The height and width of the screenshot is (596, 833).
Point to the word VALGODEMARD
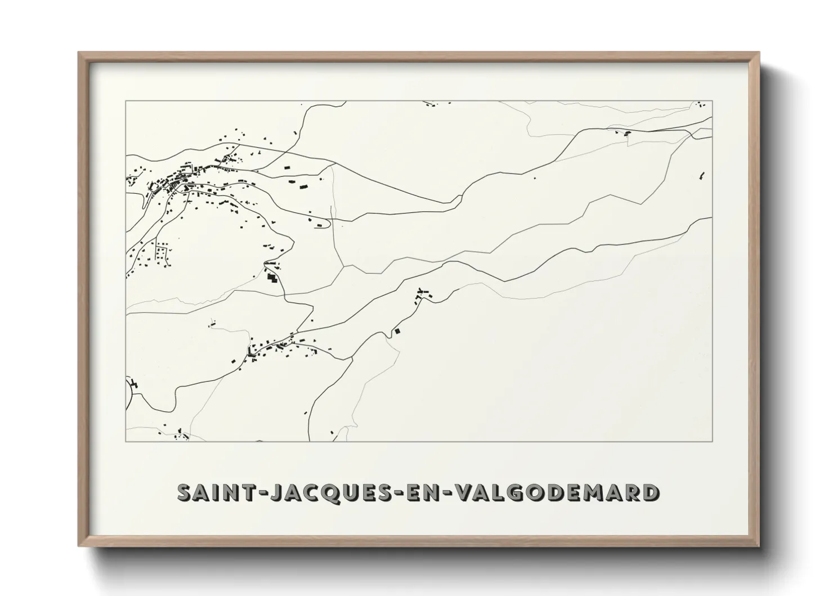557,493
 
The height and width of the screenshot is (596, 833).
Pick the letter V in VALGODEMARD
465,493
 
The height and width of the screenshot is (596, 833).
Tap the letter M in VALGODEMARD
599,493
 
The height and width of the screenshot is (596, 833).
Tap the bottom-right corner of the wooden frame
758,545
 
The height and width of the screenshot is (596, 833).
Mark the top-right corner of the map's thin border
713,101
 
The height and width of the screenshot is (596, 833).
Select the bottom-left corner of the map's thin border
126,441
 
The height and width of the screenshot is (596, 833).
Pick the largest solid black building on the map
272,278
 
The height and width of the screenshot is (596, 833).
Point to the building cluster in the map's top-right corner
701,104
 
